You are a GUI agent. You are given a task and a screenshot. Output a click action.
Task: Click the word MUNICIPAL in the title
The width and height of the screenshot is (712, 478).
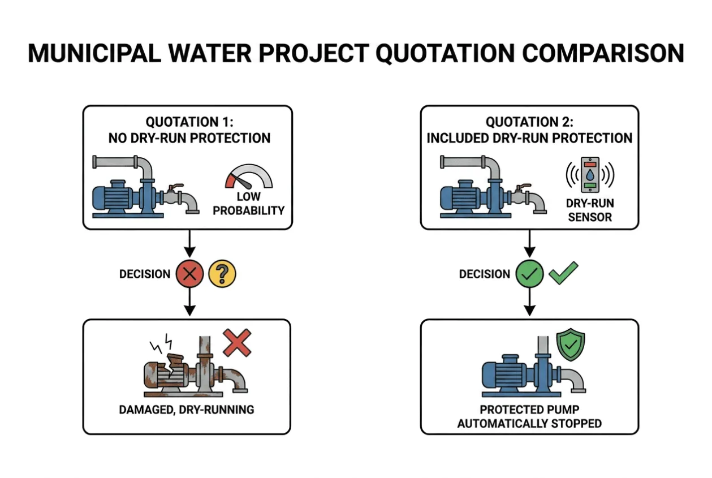tap(94, 53)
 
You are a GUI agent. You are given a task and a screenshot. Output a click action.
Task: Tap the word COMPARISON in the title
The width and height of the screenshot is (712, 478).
tap(603, 53)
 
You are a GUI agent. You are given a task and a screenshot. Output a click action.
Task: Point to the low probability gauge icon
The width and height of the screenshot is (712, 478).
tap(249, 176)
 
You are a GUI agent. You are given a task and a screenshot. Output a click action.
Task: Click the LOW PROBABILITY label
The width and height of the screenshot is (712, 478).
tap(249, 204)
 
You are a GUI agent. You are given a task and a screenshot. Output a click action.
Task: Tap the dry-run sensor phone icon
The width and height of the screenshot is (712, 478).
tap(590, 175)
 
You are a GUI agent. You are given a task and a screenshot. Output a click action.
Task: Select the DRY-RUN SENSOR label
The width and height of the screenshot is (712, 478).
tap(590, 210)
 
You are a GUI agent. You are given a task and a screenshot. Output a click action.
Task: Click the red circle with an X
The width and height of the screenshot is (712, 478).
tap(190, 274)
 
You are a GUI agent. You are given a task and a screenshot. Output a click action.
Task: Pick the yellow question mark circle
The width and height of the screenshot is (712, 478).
tap(222, 274)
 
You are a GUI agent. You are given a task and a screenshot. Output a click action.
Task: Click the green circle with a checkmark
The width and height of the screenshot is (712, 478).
tap(529, 274)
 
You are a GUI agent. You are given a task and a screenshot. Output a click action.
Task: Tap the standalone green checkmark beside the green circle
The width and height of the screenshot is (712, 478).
tap(564, 273)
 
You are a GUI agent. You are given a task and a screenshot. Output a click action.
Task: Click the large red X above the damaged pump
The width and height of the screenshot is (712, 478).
tap(237, 343)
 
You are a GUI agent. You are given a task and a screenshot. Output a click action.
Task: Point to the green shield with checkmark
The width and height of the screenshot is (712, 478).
tap(571, 344)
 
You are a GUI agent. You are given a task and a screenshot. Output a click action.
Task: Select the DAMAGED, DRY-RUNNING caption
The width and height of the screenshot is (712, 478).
tap(187, 410)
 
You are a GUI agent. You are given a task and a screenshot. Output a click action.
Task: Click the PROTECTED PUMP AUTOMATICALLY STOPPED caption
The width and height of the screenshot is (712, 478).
tap(529, 416)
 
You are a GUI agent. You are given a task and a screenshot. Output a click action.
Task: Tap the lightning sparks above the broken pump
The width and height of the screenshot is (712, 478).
tap(162, 343)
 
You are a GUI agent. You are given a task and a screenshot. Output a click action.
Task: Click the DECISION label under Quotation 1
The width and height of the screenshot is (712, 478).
tap(145, 274)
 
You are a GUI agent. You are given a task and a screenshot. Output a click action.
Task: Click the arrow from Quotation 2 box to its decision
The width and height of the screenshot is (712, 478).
tap(529, 243)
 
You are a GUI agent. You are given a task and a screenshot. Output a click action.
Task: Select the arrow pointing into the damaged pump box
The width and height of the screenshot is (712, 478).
tap(190, 302)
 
